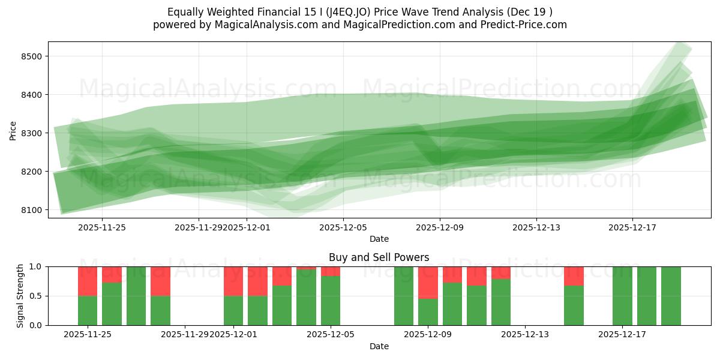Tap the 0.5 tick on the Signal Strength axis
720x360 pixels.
[x=35, y=296]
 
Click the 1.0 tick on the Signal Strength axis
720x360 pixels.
[x=35, y=266]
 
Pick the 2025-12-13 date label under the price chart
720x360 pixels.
[x=536, y=227]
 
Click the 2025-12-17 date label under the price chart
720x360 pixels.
[x=632, y=227]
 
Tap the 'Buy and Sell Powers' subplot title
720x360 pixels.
[x=379, y=257]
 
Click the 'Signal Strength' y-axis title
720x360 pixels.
[x=20, y=296]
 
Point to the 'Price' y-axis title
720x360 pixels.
[x=13, y=130]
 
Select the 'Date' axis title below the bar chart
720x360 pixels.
[x=379, y=346]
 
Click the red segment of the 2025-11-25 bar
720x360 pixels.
[x=88, y=281]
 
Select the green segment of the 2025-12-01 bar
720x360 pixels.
[x=233, y=310]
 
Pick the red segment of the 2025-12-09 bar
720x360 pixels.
[x=428, y=282]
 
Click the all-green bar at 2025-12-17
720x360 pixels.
[x=622, y=296]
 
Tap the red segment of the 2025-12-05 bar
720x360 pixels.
[x=331, y=271]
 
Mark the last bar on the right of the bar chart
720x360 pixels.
[x=671, y=296]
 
